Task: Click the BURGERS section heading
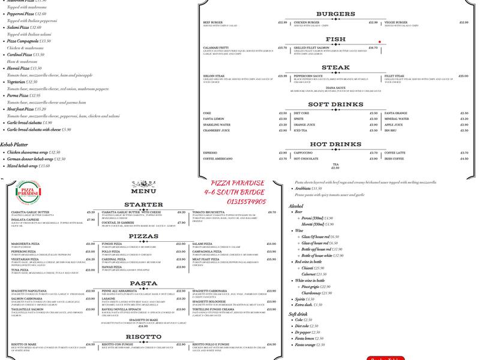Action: pyautogui.click(x=335, y=14)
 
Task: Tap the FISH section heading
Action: pyautogui.click(x=335, y=40)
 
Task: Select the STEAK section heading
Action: pyautogui.click(x=335, y=68)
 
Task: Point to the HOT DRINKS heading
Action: pyautogui.click(x=335, y=145)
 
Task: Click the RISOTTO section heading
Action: pyautogui.click(x=143, y=337)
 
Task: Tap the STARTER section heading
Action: pyautogui.click(x=143, y=205)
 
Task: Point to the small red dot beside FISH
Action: pyautogui.click(x=380, y=42)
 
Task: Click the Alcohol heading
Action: pyautogui.click(x=296, y=206)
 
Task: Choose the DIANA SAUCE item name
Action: pyautogui.click(x=335, y=88)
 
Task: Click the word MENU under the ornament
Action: pyautogui.click(x=143, y=191)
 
